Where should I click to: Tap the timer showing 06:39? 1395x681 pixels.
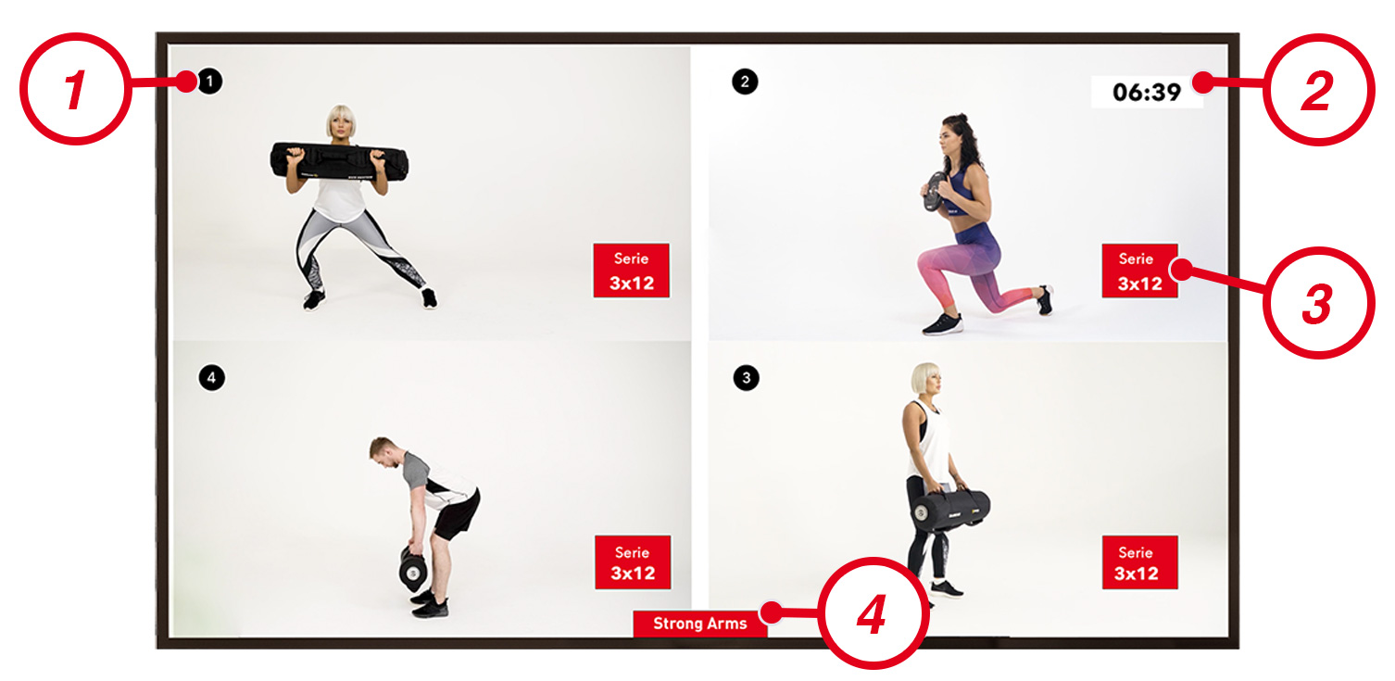pyautogui.click(x=1147, y=93)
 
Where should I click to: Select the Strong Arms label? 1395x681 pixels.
pyautogui.click(x=700, y=624)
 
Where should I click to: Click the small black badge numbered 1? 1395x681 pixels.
pyautogui.click(x=210, y=82)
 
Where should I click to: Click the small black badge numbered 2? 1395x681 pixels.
pyautogui.click(x=745, y=82)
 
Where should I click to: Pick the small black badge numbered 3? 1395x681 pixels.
pyautogui.click(x=746, y=378)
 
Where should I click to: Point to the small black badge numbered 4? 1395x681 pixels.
pyautogui.click(x=212, y=378)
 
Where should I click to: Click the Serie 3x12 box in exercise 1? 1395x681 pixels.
pyautogui.click(x=632, y=271)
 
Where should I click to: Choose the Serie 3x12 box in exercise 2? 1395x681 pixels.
pyautogui.click(x=1139, y=271)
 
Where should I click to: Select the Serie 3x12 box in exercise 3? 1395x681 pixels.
pyautogui.click(x=1139, y=562)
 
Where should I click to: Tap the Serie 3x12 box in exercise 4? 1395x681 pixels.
pyautogui.click(x=633, y=562)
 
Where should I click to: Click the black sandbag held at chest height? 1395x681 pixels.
pyautogui.click(x=339, y=161)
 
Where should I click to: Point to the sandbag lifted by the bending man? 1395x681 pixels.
pyautogui.click(x=413, y=568)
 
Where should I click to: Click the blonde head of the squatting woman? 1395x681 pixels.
pyautogui.click(x=341, y=120)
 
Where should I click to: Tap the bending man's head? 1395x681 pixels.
pyautogui.click(x=383, y=451)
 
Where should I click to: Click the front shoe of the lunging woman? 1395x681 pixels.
pyautogui.click(x=942, y=324)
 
